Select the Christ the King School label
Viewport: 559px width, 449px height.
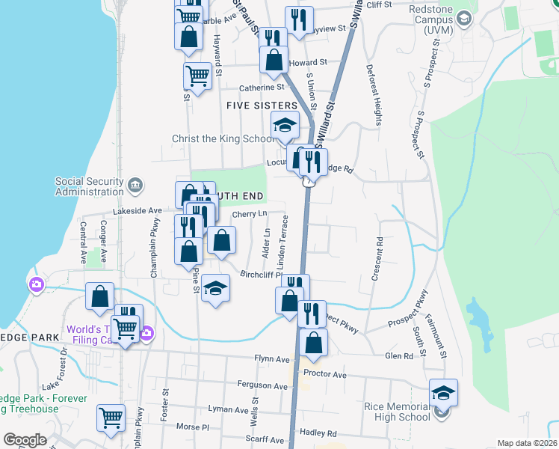click(x=223, y=139)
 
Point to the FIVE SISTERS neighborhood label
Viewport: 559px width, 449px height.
click(x=262, y=106)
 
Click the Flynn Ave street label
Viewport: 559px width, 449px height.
click(x=271, y=358)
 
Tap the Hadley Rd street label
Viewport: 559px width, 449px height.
click(x=318, y=433)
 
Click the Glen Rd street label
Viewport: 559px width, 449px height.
click(x=399, y=356)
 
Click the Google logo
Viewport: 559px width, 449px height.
click(x=25, y=439)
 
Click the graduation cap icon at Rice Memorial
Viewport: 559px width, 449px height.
click(x=443, y=392)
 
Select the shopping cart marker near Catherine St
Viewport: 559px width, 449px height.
click(x=197, y=75)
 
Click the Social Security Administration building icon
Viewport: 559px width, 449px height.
click(x=135, y=185)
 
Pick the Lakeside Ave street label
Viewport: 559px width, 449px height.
click(x=138, y=212)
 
